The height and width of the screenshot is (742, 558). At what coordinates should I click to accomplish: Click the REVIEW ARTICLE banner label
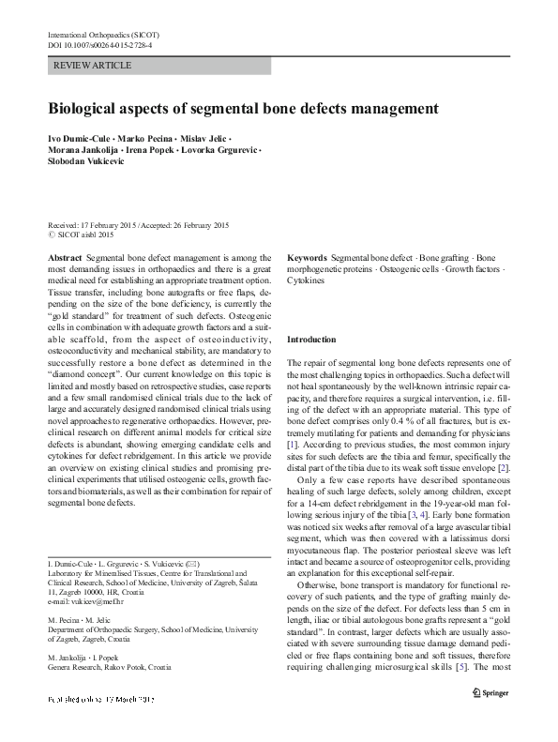(x=93, y=65)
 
